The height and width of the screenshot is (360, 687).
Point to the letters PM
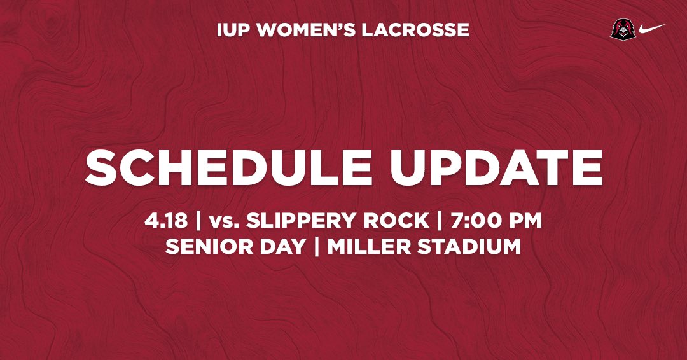pyautogui.click(x=525, y=221)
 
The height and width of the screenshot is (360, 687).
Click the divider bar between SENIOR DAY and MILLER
pyautogui.click(x=316, y=246)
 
